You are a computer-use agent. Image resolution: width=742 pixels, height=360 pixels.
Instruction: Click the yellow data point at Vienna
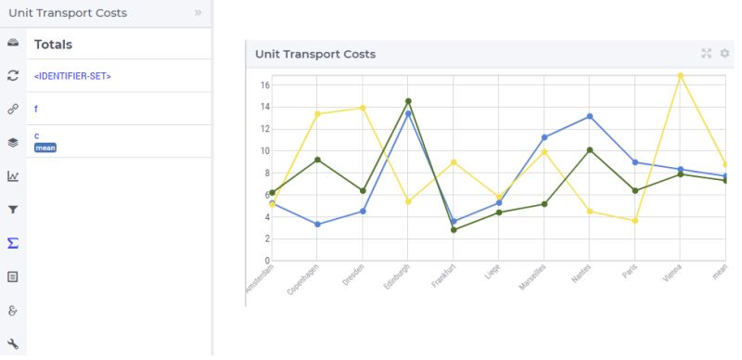coord(680,75)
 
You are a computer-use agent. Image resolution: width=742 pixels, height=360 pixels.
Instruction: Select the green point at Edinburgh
coord(408,101)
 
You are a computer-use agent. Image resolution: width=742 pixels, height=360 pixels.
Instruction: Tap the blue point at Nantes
coord(589,116)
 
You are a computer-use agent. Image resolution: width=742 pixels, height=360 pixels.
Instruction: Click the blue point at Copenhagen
coord(317,225)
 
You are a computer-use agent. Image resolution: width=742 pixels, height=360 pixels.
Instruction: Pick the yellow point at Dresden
coord(363,108)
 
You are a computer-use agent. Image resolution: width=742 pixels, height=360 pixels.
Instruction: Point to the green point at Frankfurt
coord(454,229)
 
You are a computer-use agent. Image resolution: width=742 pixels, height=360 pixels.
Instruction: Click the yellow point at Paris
coord(634,221)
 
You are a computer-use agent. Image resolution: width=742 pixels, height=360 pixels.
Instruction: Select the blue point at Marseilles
coord(544,137)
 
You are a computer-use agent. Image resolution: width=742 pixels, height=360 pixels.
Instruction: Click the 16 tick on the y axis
coord(263,85)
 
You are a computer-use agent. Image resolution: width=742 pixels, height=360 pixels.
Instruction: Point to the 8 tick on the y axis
coord(265,173)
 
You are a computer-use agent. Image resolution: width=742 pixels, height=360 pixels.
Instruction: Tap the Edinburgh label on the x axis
coord(396,278)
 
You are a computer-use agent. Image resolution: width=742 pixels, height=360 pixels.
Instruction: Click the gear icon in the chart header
coord(724,54)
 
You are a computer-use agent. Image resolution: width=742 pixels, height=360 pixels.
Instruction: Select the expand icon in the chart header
coord(707,54)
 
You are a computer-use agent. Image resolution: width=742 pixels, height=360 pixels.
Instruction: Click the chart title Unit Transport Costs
coord(315,54)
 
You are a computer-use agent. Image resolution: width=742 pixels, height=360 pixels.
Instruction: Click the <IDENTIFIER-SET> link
coord(72,76)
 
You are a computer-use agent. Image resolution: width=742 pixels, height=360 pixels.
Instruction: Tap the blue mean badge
coord(45,148)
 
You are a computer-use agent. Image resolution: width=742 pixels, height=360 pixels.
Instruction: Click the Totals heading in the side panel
coord(53,44)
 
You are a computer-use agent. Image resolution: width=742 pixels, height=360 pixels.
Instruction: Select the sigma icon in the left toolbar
coord(13,243)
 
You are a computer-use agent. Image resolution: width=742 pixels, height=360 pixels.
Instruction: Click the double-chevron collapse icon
coord(198,13)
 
